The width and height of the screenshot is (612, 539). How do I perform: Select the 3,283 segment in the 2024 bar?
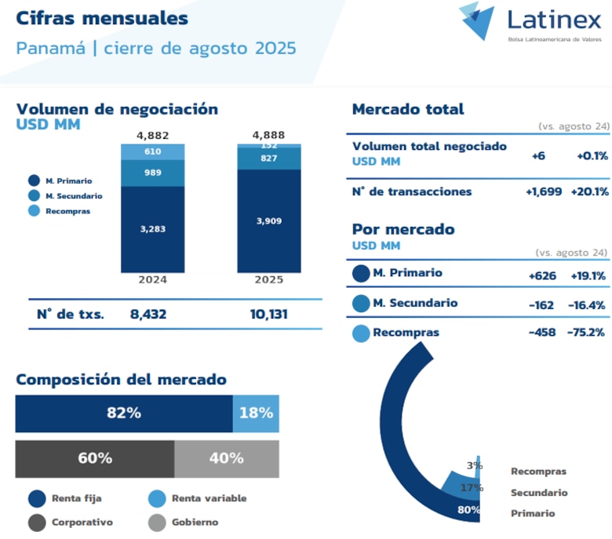(x=152, y=228)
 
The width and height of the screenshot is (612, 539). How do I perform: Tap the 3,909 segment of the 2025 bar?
(x=269, y=221)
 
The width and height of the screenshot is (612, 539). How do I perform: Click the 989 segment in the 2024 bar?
(x=152, y=173)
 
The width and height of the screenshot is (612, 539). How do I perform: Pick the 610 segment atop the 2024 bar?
(x=152, y=151)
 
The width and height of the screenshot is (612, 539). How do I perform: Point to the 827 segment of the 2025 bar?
(x=269, y=158)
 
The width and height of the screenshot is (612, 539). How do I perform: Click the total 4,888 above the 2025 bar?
(x=269, y=135)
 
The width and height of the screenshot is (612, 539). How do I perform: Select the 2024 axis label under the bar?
(x=152, y=279)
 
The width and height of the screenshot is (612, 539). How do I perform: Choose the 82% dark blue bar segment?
(x=124, y=413)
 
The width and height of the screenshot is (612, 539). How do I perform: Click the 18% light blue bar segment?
(x=256, y=413)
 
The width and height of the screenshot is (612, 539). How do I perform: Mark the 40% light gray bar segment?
(x=226, y=458)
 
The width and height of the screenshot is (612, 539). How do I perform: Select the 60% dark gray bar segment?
(x=95, y=458)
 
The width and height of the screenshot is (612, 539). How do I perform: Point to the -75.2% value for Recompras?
(x=585, y=333)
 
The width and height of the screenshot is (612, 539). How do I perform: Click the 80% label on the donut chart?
(x=469, y=509)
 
